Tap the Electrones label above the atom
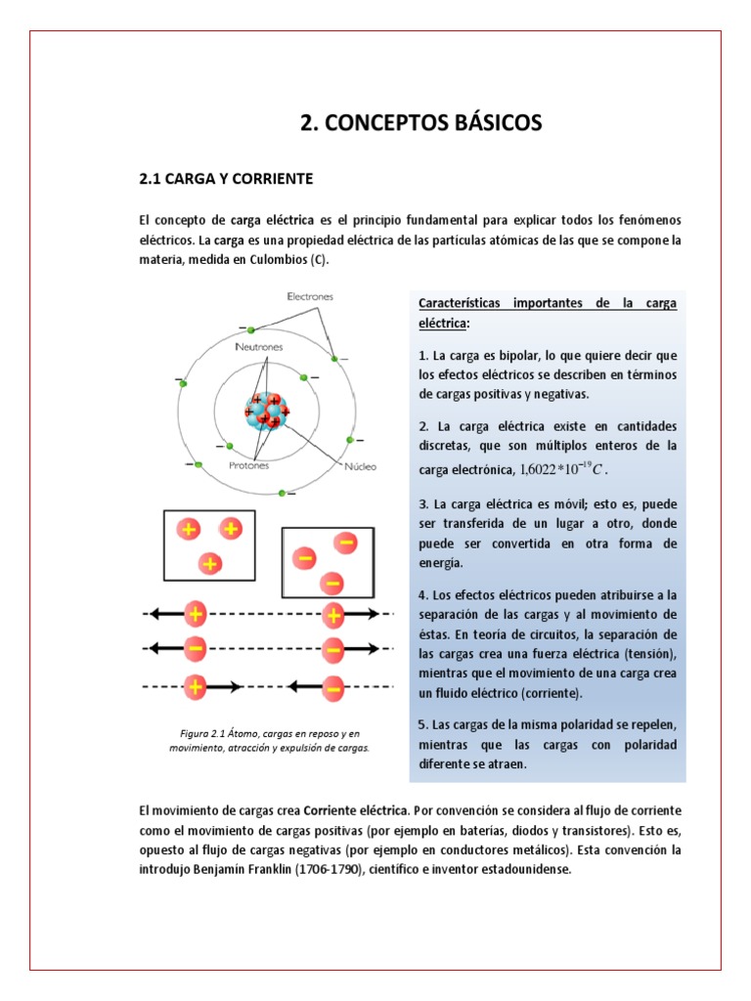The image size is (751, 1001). pyautogui.click(x=310, y=295)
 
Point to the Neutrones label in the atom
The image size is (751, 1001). pyautogui.click(x=259, y=347)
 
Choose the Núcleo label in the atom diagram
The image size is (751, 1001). pyautogui.click(x=360, y=466)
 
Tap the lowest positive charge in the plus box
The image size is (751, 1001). pyautogui.click(x=207, y=564)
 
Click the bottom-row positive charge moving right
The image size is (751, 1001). pyautogui.click(x=197, y=687)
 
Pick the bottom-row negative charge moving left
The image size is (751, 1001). pyautogui.click(x=333, y=687)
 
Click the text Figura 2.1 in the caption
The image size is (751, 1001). pyautogui.click(x=203, y=732)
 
